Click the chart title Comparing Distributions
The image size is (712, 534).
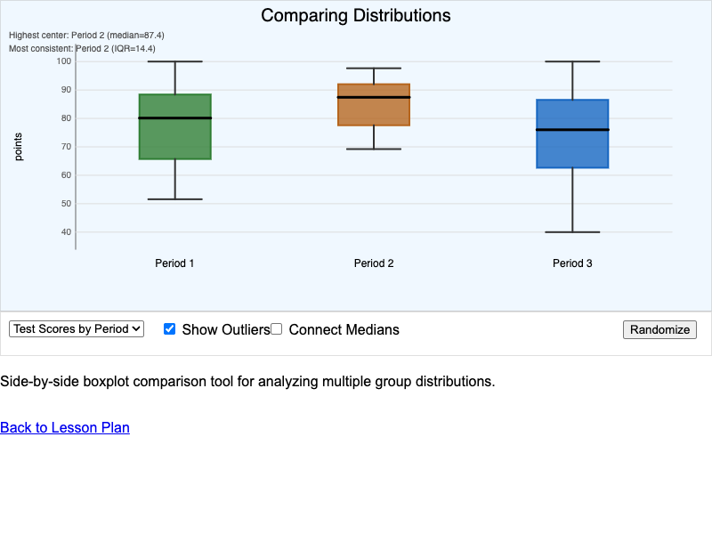pyautogui.click(x=356, y=16)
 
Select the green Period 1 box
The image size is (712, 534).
pyautogui.click(x=174, y=138)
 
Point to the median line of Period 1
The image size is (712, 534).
pyautogui.click(x=174, y=117)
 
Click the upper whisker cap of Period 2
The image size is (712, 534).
pyautogui.click(x=374, y=69)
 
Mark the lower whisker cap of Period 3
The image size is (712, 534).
pyautogui.click(x=572, y=232)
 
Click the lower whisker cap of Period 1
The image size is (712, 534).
pyautogui.click(x=174, y=199)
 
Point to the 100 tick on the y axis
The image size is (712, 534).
pyautogui.click(x=63, y=61)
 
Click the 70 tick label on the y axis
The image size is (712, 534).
pyautogui.click(x=65, y=147)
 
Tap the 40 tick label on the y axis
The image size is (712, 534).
pyautogui.click(x=65, y=232)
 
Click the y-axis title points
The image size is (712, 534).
pyautogui.click(x=19, y=147)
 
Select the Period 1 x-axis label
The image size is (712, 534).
pyautogui.click(x=174, y=263)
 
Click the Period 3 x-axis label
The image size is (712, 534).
pyautogui.click(x=572, y=263)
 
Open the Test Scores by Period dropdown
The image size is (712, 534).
pyautogui.click(x=77, y=329)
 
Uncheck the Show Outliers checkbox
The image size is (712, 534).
pyautogui.click(x=170, y=329)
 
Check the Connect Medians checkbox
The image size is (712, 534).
pyautogui.click(x=277, y=329)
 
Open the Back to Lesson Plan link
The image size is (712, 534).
pyautogui.click(x=65, y=428)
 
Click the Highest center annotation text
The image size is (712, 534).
pyautogui.click(x=86, y=36)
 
